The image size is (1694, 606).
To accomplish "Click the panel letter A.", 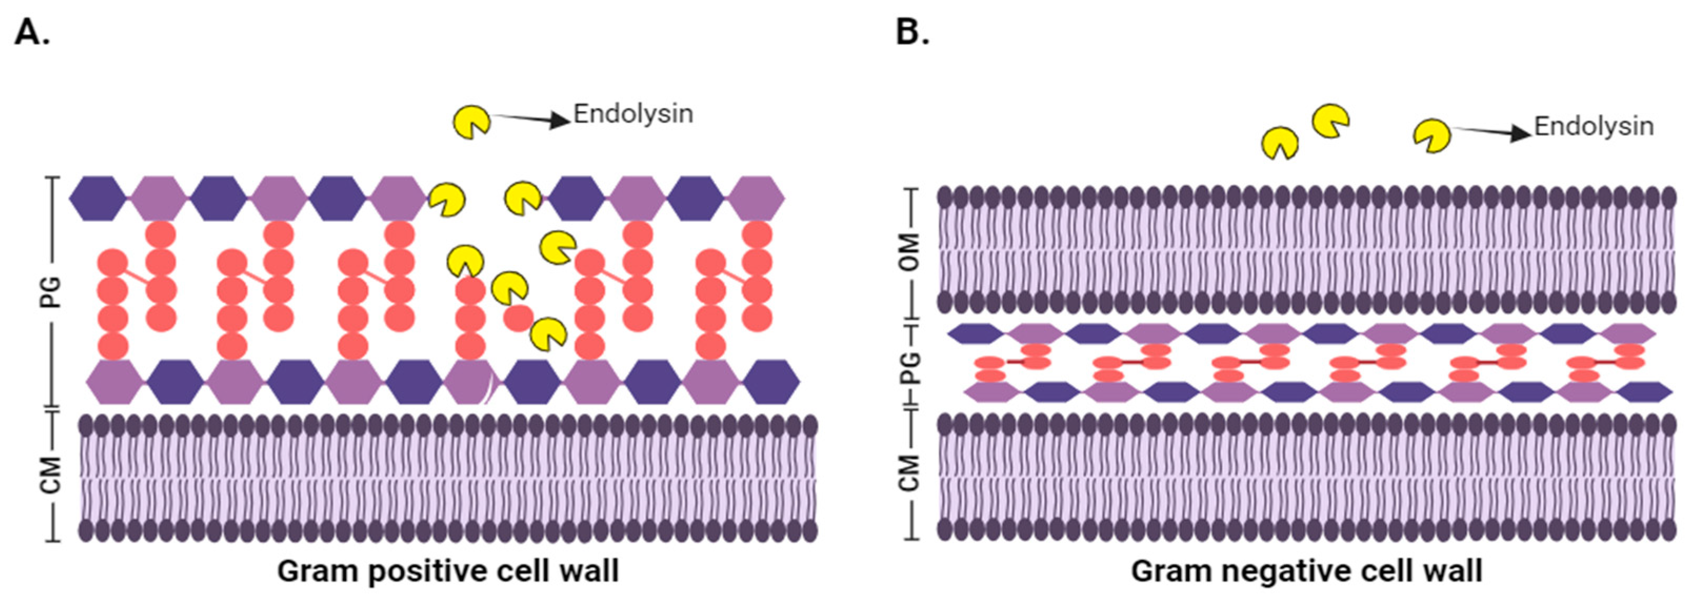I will tap(31, 32).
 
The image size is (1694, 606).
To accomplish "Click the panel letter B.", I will tap(912, 32).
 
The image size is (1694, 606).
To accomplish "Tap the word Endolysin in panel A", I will tap(633, 114).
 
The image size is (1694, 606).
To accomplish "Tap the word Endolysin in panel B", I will tap(1593, 126).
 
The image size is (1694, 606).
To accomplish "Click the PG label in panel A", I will tap(51, 292).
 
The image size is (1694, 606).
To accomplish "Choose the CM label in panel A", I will tap(51, 475).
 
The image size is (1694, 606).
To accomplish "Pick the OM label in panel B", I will tap(909, 252).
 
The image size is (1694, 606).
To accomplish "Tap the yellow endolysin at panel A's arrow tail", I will tap(471, 122).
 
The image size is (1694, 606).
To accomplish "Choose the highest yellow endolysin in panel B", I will tap(1330, 121).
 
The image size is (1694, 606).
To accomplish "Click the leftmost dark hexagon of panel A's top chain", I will tap(98, 198).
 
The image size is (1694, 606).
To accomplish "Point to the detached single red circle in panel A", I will tap(518, 319).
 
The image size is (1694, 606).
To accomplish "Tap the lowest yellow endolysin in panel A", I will tap(548, 334).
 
